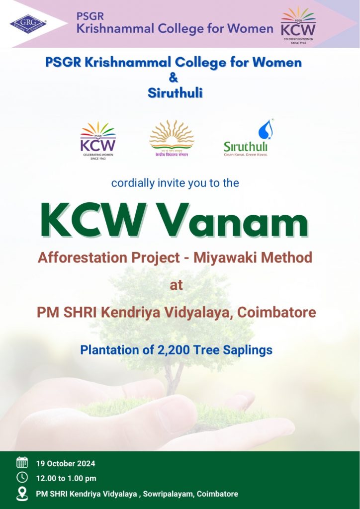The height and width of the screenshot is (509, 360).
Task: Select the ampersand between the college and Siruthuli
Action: click(x=174, y=78)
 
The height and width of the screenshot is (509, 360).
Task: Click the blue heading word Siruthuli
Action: click(x=175, y=93)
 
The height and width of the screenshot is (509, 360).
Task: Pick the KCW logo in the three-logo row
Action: click(x=98, y=140)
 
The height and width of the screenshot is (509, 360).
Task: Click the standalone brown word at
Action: click(x=176, y=285)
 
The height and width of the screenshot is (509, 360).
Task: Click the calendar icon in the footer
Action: click(x=22, y=463)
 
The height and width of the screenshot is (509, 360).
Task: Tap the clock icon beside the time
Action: click(x=22, y=478)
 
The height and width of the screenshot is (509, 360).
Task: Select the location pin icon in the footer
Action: click(x=22, y=493)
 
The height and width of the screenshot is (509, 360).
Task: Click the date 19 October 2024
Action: click(x=65, y=463)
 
